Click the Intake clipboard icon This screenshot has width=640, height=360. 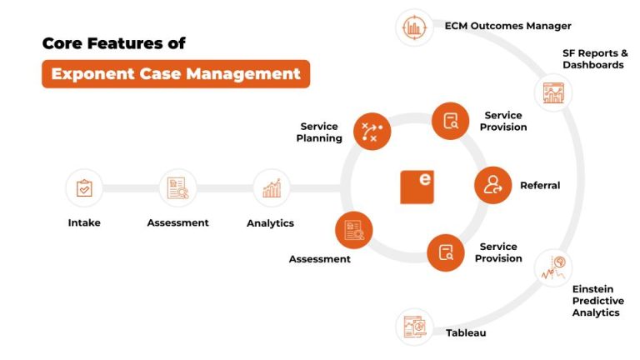point(84,188)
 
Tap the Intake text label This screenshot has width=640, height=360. point(84,222)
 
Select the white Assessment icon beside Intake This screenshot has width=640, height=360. point(177,188)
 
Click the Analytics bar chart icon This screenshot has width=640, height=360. point(271,188)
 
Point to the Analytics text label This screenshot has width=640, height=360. point(270,223)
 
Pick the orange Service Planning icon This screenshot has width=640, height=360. point(372,131)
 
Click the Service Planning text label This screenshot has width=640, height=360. point(320,132)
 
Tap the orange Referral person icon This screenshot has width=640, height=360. point(492,185)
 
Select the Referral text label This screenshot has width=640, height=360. point(540,186)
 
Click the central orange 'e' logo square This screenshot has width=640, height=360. point(417,187)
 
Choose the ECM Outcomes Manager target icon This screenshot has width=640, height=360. point(413,27)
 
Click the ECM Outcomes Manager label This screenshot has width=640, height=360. point(507,26)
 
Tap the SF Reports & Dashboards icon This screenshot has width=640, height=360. point(553,92)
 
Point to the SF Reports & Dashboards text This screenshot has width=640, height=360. point(594,59)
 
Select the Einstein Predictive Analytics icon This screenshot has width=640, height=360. point(554,267)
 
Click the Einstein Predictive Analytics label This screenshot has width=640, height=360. point(597,301)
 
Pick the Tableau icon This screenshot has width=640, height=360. point(414,326)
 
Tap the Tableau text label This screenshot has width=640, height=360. point(465,332)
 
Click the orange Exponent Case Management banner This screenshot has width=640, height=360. point(176,74)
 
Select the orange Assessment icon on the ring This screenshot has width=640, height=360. point(353,230)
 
